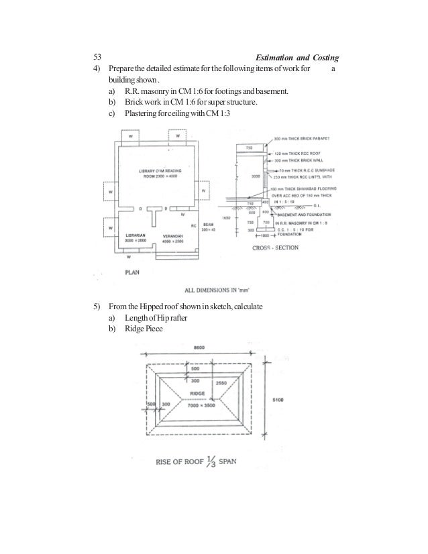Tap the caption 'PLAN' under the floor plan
[133, 272]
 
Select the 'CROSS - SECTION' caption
[275, 248]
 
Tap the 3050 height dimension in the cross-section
[255, 177]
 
